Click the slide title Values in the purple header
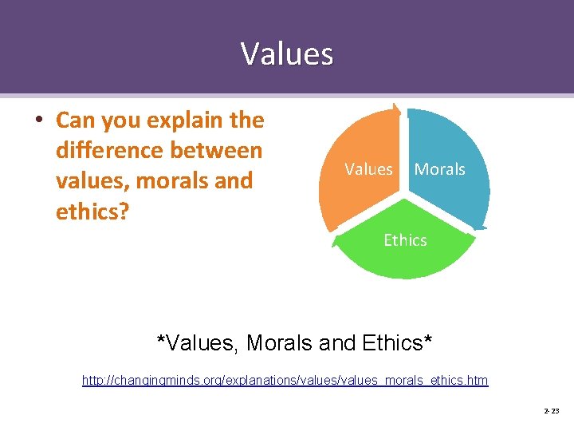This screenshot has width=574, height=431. pos(287,54)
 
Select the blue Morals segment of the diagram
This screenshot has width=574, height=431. pos(454,192)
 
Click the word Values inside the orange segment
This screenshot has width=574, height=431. pos(368,169)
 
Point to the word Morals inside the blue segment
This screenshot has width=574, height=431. pos(439,169)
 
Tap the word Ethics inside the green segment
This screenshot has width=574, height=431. pos(405,240)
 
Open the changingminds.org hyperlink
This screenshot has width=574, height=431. pos(285,381)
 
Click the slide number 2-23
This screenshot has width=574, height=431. pos(551,411)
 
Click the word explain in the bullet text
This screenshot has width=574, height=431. pos(177,121)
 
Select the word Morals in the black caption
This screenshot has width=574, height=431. pos(280,343)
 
